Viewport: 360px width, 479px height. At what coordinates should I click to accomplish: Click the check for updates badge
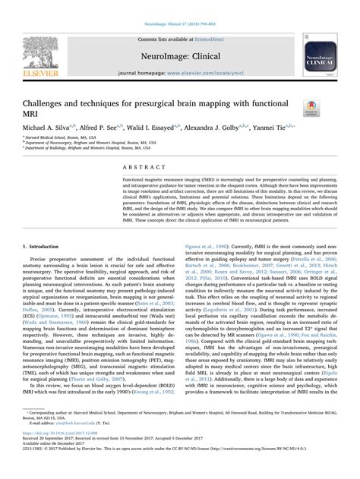tap(310, 109)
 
